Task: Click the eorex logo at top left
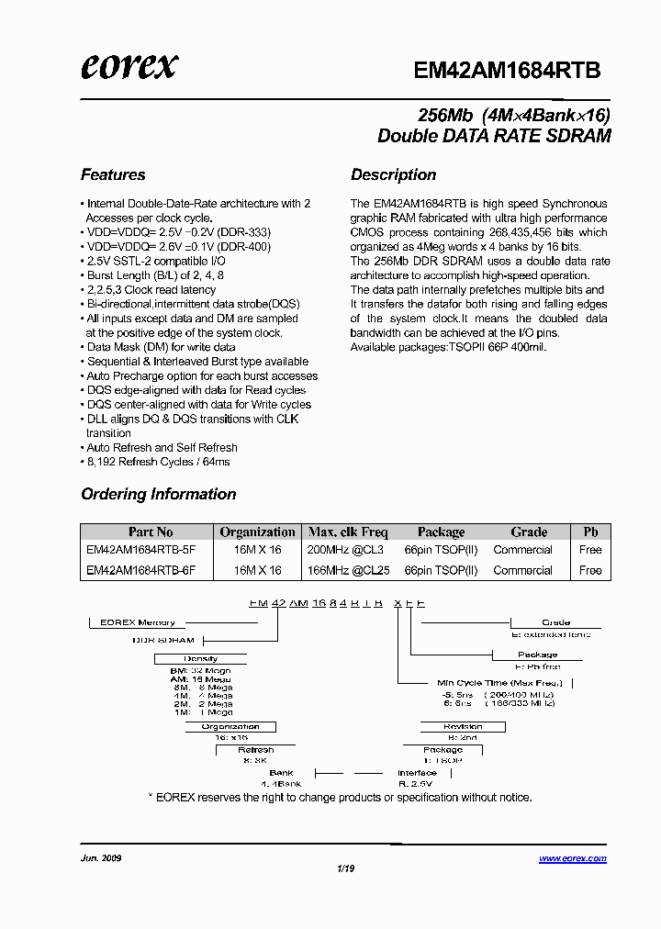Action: click(x=129, y=66)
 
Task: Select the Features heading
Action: click(x=113, y=174)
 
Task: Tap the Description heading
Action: click(x=393, y=174)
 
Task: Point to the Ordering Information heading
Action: click(x=158, y=494)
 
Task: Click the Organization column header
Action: click(x=257, y=532)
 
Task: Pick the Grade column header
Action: click(x=529, y=532)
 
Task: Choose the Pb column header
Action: click(x=590, y=532)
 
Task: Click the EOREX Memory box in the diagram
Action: click(x=138, y=622)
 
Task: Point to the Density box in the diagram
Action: click(x=200, y=658)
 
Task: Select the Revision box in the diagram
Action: click(x=463, y=726)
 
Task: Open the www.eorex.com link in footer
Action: click(x=572, y=858)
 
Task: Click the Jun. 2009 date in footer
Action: click(x=101, y=858)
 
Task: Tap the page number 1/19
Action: click(x=344, y=867)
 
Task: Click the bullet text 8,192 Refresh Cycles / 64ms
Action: click(x=158, y=462)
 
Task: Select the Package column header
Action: click(x=441, y=532)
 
